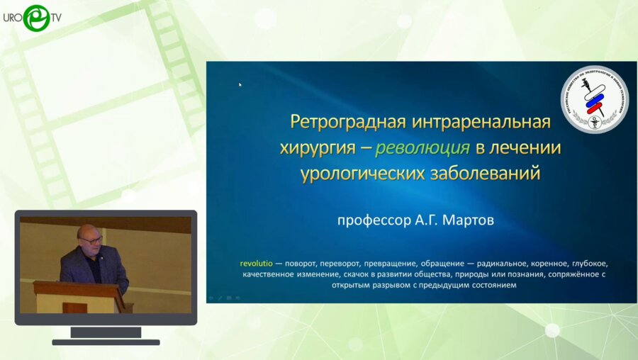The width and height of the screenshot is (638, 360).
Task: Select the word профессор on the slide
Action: coord(374,220)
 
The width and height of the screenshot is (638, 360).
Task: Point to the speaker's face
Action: coord(91,240)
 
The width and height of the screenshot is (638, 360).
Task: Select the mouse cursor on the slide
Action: coord(240,84)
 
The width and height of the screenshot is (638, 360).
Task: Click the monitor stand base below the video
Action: coord(106,341)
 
